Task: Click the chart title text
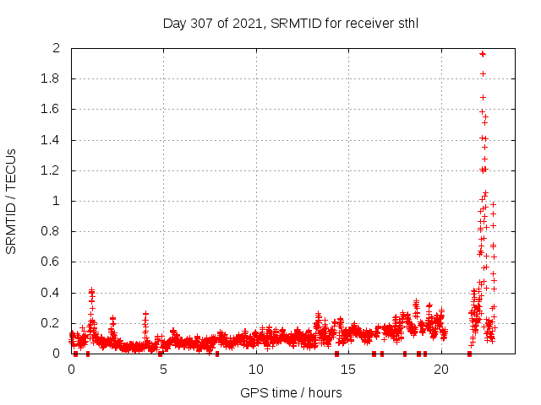290,23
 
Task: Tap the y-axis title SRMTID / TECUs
12,201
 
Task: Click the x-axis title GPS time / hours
290,392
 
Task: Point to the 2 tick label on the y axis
57,48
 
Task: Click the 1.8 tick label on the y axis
52,78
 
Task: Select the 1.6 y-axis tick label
52,109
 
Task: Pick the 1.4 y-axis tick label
52,140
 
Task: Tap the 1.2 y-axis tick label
52,170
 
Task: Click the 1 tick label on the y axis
57,201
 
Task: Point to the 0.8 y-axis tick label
52,231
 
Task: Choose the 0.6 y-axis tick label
52,262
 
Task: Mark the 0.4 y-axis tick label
52,293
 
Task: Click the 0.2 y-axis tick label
52,323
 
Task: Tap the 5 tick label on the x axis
163,370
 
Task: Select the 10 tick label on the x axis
255,370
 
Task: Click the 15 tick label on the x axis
348,370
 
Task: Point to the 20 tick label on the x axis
440,370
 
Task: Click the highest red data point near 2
482,54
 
